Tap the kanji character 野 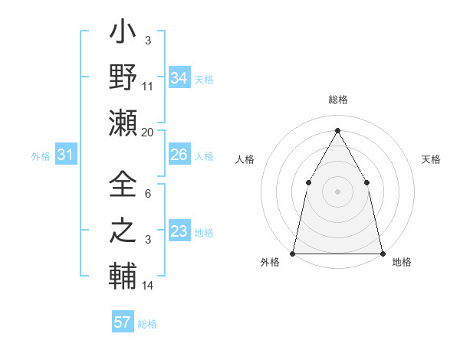point(123,77)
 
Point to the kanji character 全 point(123,184)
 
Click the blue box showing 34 point(179,78)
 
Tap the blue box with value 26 point(179,155)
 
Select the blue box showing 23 point(179,232)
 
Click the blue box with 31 point(66,155)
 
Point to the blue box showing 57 point(123,322)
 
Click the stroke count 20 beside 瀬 point(148,133)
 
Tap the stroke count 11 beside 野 point(148,87)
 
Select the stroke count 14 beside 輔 point(148,286)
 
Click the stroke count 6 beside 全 point(148,195)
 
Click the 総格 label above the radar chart point(337,100)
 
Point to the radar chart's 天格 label point(431,159)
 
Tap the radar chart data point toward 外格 point(294,253)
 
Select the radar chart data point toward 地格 point(382,253)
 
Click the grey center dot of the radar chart point(337,191)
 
